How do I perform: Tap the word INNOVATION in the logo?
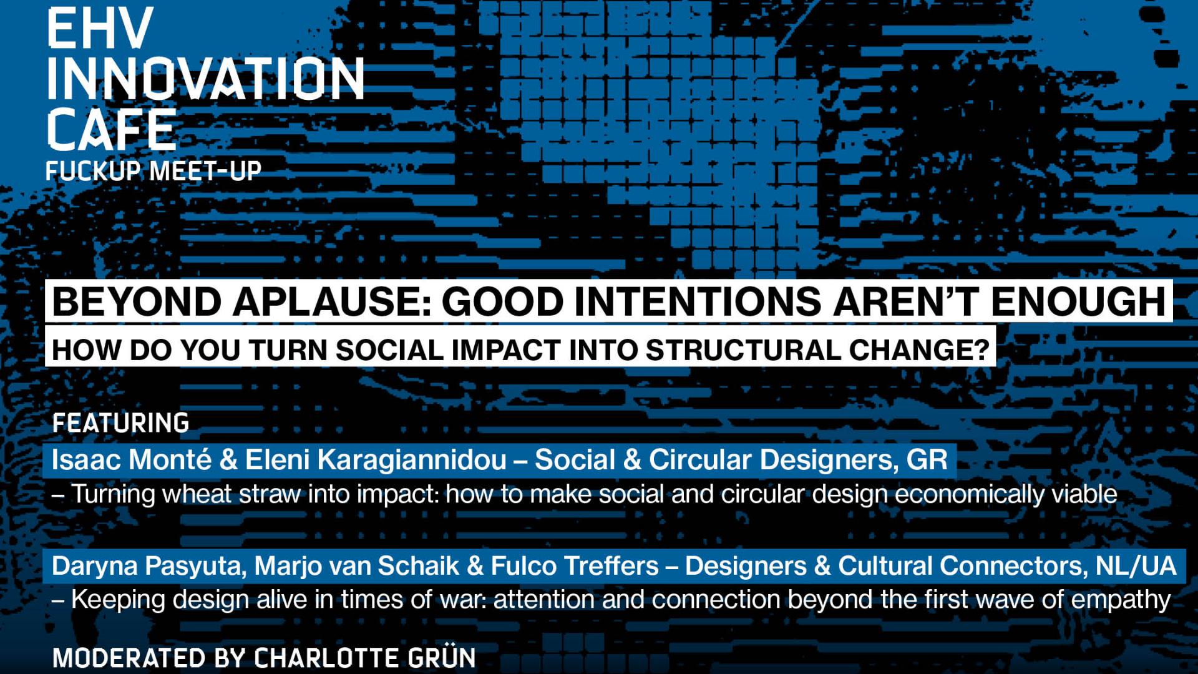(x=206, y=79)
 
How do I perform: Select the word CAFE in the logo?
(x=112, y=129)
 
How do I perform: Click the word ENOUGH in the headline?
(x=1078, y=301)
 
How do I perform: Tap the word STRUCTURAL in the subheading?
(x=744, y=349)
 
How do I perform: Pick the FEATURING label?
(x=120, y=423)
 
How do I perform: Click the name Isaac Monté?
(x=132, y=460)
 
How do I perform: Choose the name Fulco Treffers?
(x=575, y=566)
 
